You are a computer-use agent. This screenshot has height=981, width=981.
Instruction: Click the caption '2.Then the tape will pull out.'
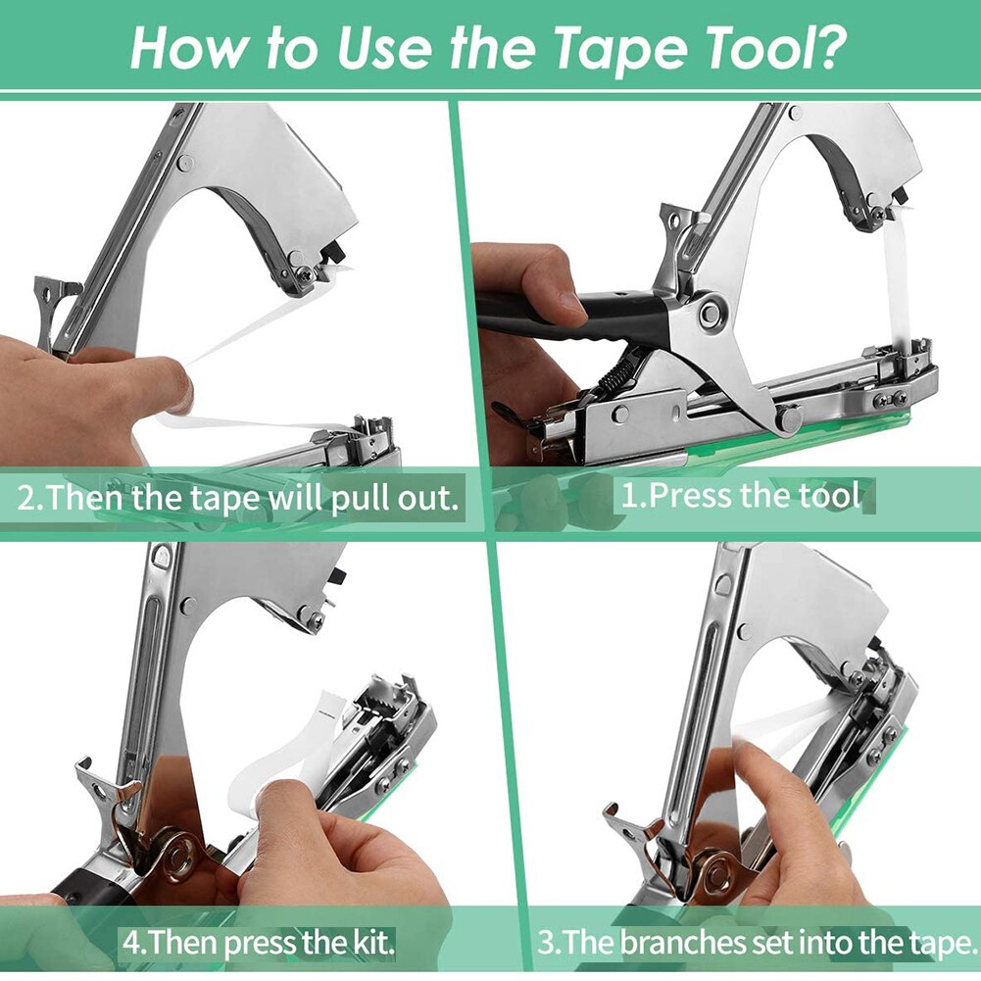coord(238,498)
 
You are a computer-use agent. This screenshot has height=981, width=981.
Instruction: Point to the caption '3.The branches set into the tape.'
coord(758,945)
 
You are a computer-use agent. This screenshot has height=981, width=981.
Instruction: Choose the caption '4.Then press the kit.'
coord(259,945)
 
